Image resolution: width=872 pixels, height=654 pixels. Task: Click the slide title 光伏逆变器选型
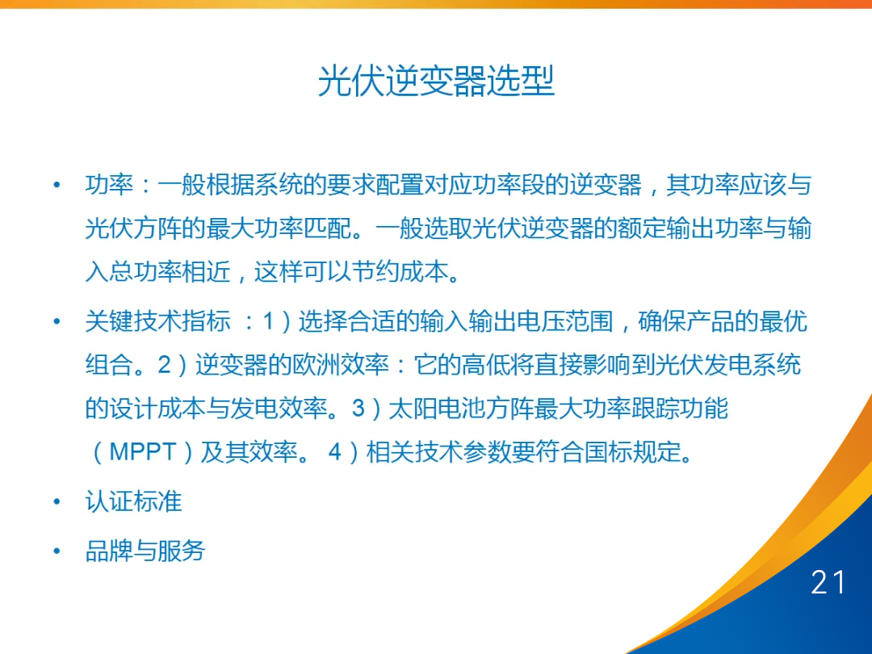click(436, 82)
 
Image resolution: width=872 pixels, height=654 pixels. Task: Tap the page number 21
click(828, 582)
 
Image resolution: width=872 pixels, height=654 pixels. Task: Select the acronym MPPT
click(142, 451)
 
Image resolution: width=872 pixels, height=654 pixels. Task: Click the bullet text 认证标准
click(134, 501)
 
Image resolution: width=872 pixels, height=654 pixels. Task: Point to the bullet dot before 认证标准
click(57, 502)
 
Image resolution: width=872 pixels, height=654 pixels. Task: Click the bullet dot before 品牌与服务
click(57, 551)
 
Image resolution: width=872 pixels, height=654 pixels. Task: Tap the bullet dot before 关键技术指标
click(57, 322)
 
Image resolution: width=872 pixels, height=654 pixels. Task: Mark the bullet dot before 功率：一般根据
click(57, 187)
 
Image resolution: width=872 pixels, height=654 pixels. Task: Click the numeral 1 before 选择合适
click(269, 322)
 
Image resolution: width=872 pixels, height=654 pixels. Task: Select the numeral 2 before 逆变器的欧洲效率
click(165, 365)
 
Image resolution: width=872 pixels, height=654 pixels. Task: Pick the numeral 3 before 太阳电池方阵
click(359, 409)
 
